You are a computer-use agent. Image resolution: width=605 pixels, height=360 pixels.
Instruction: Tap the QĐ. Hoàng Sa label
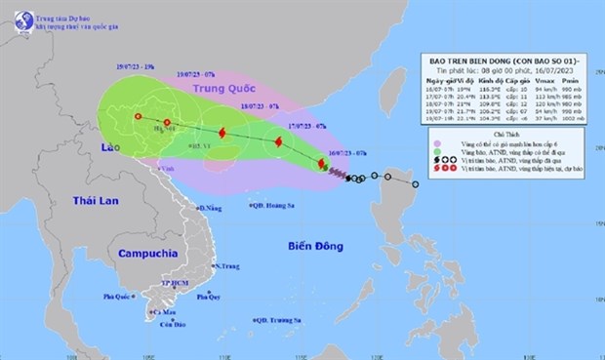(274, 205)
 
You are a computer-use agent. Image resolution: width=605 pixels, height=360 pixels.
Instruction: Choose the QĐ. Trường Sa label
(278, 319)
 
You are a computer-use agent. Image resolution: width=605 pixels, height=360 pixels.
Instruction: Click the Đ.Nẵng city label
(208, 208)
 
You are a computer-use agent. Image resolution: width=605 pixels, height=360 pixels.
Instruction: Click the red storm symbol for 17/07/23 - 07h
(279, 142)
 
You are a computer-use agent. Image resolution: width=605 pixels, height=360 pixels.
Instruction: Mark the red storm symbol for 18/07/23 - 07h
(222, 134)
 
